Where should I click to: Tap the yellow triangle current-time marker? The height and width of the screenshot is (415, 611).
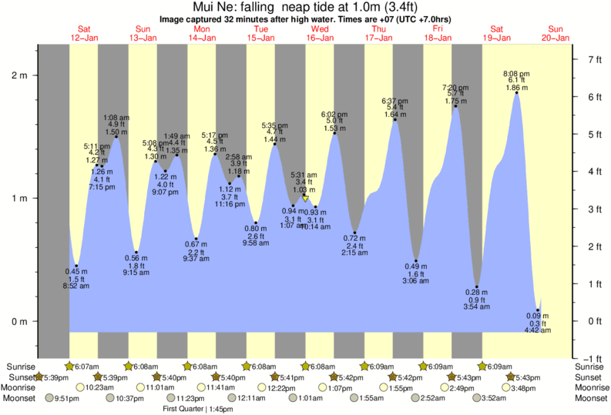click(305, 199)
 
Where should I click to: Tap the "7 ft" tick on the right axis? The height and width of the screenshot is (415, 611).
click(594, 59)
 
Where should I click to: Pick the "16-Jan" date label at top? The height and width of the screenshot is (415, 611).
click(320, 38)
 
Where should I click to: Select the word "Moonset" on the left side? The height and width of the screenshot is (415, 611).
click(22, 398)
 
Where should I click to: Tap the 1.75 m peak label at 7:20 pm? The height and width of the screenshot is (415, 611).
click(456, 100)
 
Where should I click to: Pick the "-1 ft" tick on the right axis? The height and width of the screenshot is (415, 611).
click(594, 358)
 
